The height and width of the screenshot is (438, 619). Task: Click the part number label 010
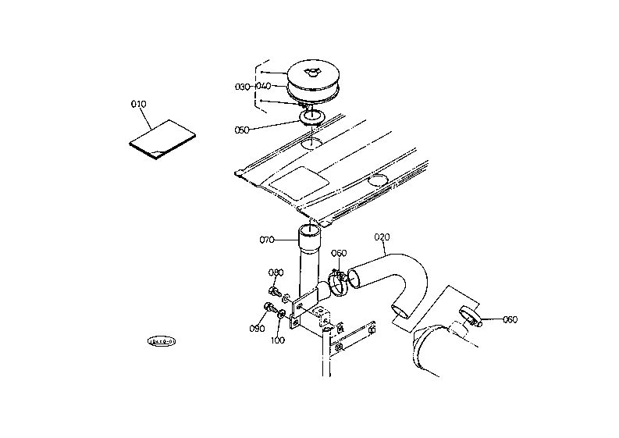pyautogui.click(x=138, y=103)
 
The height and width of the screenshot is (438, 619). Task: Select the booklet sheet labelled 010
pyautogui.click(x=162, y=138)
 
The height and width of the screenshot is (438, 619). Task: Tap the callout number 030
pyautogui.click(x=241, y=86)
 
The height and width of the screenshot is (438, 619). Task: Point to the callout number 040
pyautogui.click(x=262, y=86)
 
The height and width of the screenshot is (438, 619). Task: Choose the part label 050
pyautogui.click(x=242, y=130)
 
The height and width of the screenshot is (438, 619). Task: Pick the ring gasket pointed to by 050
pyautogui.click(x=311, y=118)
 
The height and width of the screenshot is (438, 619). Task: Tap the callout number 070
pyautogui.click(x=267, y=240)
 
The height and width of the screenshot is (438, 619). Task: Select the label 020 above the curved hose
pyautogui.click(x=382, y=237)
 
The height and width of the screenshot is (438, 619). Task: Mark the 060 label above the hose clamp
pyautogui.click(x=339, y=253)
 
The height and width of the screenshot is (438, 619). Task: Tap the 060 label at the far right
pyautogui.click(x=510, y=319)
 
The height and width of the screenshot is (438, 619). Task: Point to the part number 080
pyautogui.click(x=276, y=272)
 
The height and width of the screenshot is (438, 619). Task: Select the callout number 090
pyautogui.click(x=257, y=329)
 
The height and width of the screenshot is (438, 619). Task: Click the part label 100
pyautogui.click(x=278, y=340)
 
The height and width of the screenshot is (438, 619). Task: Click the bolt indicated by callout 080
pyautogui.click(x=275, y=292)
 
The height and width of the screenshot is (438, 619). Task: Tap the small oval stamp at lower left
pyautogui.click(x=163, y=341)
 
